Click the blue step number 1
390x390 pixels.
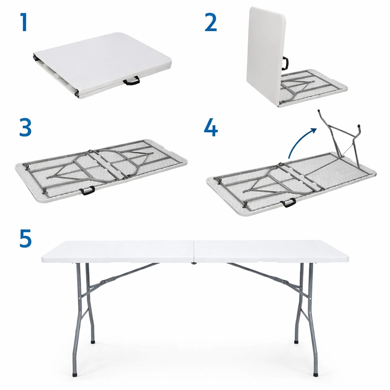(23, 23)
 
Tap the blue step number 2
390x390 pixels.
(211, 23)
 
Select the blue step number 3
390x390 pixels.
(26, 127)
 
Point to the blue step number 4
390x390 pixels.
(211, 127)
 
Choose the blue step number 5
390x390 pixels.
(26, 238)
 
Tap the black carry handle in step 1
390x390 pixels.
(132, 81)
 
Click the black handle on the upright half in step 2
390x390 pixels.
(285, 63)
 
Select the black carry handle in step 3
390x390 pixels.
(87, 190)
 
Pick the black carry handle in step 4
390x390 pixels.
(288, 202)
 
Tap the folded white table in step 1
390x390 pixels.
(102, 66)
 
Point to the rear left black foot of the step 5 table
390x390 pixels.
(93, 342)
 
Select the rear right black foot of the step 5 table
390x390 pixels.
(296, 342)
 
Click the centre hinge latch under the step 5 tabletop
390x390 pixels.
(194, 263)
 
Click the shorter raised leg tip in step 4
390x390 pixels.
(358, 126)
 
